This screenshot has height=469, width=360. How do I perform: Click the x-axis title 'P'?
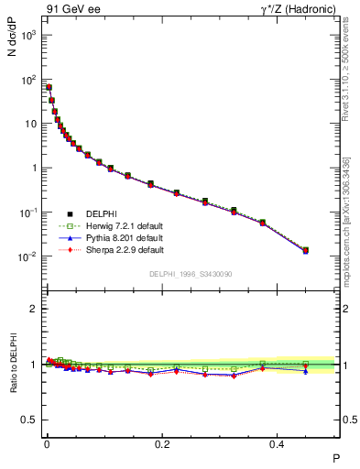(x=335, y=457)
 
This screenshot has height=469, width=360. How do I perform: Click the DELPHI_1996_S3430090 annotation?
(x=190, y=274)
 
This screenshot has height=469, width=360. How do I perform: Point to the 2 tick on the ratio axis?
(x=34, y=309)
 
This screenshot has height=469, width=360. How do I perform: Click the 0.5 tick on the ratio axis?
(x=29, y=420)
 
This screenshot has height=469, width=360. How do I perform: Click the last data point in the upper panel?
(x=306, y=250)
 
